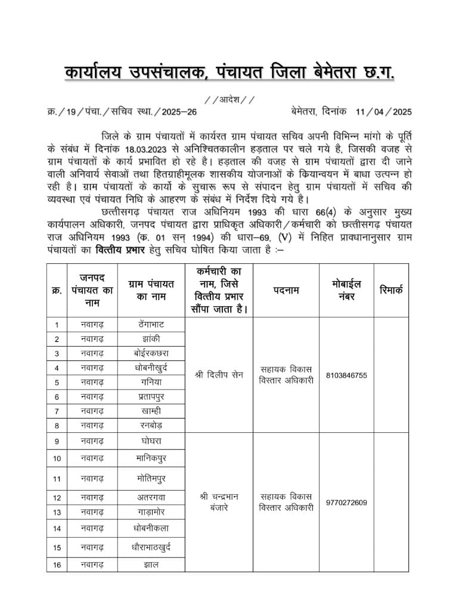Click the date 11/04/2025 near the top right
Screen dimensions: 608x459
click(383, 111)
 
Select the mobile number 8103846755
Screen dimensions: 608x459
click(347, 375)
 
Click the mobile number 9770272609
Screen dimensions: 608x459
click(347, 502)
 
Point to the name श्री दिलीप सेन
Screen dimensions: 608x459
click(219, 375)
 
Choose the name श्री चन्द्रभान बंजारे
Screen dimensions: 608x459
click(219, 502)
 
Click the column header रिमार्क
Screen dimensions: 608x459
click(391, 290)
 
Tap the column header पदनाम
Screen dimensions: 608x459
click(287, 290)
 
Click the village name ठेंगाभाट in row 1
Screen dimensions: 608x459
click(151, 325)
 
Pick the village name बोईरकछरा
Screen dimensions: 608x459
click(151, 353)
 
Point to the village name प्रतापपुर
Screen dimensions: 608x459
click(151, 397)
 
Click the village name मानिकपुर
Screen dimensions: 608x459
click(151, 458)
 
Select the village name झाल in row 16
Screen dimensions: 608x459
click(151, 565)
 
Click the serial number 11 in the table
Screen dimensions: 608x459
click(57, 478)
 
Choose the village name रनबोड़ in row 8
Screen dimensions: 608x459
click(151, 426)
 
